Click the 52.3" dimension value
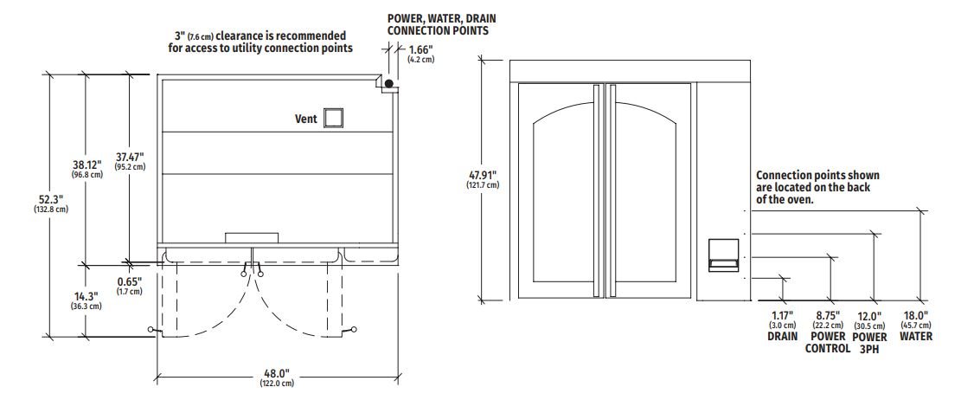[51, 199]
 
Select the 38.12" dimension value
[86, 165]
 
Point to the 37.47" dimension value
[130, 157]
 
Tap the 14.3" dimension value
[86, 296]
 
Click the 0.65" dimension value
[130, 281]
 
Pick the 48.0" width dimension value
[277, 374]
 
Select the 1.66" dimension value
[421, 49]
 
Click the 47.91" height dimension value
[483, 174]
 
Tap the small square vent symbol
[333, 118]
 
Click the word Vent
[306, 119]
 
